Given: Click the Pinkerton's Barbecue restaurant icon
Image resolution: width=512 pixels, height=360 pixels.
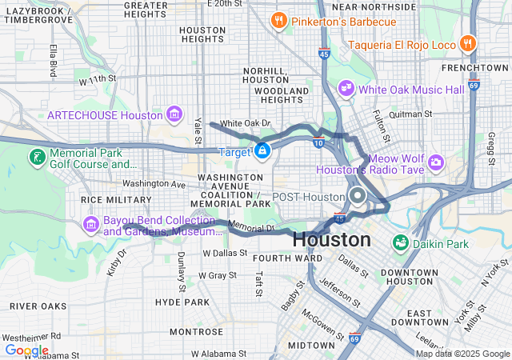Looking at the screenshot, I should (x=279, y=20).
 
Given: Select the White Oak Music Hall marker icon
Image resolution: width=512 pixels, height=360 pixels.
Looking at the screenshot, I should (x=346, y=86).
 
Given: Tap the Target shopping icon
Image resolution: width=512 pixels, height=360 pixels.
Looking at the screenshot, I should (x=262, y=150).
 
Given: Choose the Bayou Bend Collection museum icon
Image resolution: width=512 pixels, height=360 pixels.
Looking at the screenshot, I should (x=91, y=224).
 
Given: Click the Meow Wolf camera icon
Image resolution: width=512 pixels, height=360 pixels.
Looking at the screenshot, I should (x=436, y=162).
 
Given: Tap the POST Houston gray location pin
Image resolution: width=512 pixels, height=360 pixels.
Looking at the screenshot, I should (x=357, y=196).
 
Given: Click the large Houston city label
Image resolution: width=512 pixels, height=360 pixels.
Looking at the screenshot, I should (x=331, y=239).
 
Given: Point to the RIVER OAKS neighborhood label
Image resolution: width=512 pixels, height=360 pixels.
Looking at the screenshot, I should (x=38, y=306).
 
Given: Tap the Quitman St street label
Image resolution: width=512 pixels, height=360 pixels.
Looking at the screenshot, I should (x=410, y=114).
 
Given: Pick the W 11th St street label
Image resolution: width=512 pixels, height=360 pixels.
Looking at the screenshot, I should (x=98, y=80).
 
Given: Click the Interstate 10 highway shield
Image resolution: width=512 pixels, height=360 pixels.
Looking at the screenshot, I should (x=318, y=142).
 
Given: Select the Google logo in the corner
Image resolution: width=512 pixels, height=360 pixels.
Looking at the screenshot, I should (x=26, y=350).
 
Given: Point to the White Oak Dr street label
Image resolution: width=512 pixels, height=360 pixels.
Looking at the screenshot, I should (x=246, y=123).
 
